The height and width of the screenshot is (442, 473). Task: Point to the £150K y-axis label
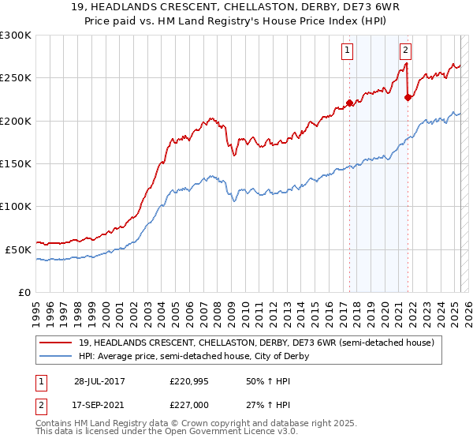[16, 164]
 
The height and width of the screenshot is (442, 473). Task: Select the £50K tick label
[18, 249]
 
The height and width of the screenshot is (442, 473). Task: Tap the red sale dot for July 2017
[349, 103]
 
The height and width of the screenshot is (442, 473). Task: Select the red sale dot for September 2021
[408, 98]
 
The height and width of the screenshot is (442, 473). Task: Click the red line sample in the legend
[56, 343]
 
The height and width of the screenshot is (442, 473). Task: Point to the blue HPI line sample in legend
[56, 356]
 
